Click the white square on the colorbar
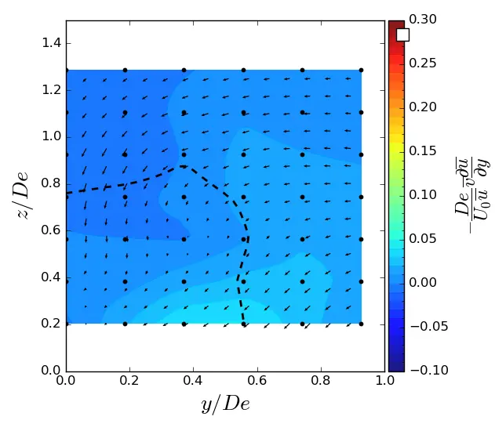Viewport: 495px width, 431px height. coord(402,34)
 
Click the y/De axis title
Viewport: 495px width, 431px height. coord(225,404)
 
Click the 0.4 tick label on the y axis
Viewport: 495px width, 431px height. coord(194,382)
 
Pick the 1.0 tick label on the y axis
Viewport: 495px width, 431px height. coord(384,382)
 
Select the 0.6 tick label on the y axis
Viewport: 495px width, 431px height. coord(257,382)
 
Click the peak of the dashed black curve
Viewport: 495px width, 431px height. coord(184,165)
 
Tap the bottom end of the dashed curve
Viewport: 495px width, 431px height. coord(243,323)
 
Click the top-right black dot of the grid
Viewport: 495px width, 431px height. coord(361,70)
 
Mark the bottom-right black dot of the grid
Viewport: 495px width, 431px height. coord(361,323)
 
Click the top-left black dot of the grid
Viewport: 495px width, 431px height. coord(67,70)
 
